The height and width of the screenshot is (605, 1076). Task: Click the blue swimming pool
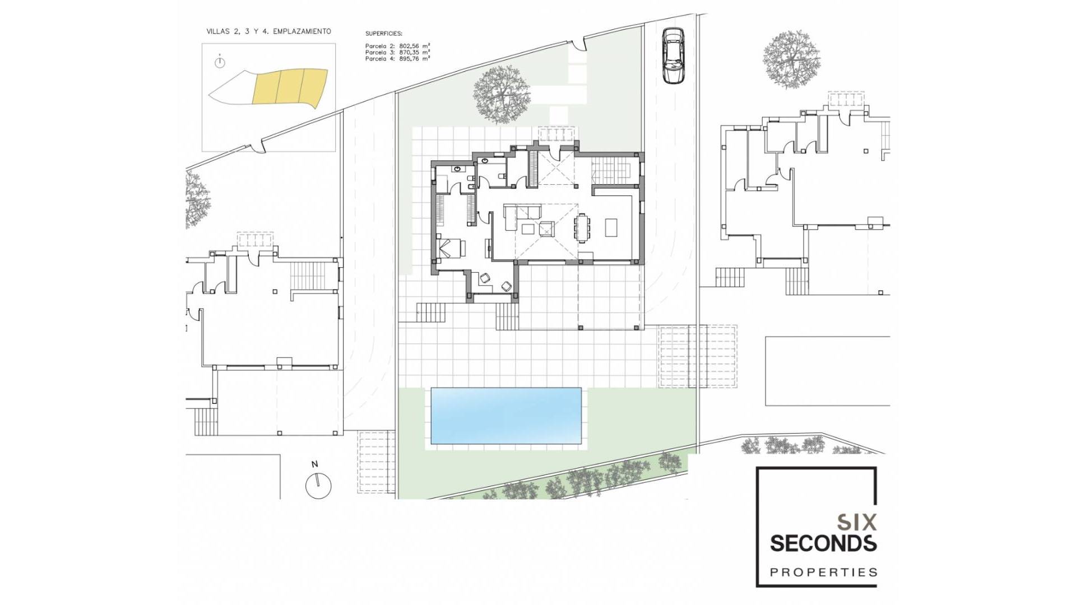(x=505, y=416)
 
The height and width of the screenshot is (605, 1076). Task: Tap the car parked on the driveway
(x=672, y=56)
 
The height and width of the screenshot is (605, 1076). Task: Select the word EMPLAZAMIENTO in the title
(x=302, y=32)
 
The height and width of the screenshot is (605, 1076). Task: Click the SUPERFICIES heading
(x=384, y=34)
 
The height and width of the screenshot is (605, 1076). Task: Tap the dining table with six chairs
(x=582, y=227)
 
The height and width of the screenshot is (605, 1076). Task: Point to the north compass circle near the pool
(x=318, y=485)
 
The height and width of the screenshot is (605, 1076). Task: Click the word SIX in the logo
(x=856, y=523)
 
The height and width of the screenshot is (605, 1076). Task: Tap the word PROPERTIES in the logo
(x=823, y=572)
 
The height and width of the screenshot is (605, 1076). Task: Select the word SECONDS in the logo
(x=823, y=543)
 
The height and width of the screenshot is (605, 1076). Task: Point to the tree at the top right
(x=791, y=59)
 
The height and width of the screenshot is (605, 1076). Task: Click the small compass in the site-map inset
(x=220, y=63)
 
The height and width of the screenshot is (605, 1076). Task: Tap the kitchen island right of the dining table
(x=611, y=227)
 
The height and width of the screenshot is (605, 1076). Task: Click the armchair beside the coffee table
(x=546, y=229)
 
